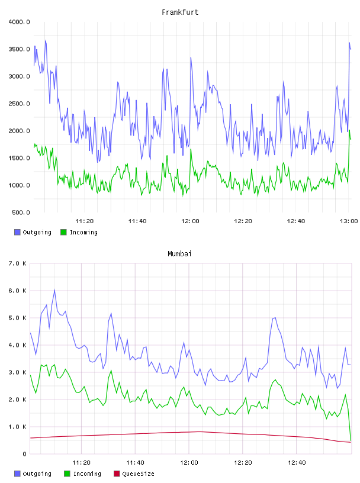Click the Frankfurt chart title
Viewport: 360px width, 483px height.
click(180, 12)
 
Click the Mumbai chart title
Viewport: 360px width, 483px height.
click(179, 253)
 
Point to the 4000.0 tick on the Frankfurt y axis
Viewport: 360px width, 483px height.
click(19, 22)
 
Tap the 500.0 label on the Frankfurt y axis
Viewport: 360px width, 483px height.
click(21, 212)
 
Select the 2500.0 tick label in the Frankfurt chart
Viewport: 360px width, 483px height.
click(19, 104)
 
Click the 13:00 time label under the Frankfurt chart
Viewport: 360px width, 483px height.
click(349, 221)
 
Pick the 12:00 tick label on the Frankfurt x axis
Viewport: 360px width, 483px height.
click(190, 221)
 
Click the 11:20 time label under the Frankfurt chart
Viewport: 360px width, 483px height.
click(85, 221)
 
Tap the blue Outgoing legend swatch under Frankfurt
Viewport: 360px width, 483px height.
click(17, 232)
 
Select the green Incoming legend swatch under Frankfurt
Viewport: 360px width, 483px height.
click(63, 232)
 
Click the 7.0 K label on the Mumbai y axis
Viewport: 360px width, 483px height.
click(17, 263)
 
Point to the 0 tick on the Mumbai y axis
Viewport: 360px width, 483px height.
click(24, 454)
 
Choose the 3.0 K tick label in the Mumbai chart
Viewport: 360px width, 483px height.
click(17, 372)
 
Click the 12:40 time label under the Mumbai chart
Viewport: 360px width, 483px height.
click(297, 463)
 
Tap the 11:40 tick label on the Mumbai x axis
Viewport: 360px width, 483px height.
click(135, 463)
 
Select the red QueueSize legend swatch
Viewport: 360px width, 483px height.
click(117, 474)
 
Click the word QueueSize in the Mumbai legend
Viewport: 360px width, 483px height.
click(138, 474)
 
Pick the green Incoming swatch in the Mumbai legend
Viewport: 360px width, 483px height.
click(67, 474)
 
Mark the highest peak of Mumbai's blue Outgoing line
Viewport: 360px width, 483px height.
click(54, 289)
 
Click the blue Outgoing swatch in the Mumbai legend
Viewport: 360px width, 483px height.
click(17, 474)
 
